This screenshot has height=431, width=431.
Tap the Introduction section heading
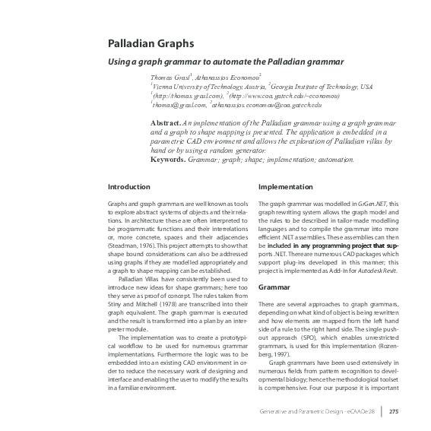click(128, 186)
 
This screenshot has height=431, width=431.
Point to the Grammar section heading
click(274, 267)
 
